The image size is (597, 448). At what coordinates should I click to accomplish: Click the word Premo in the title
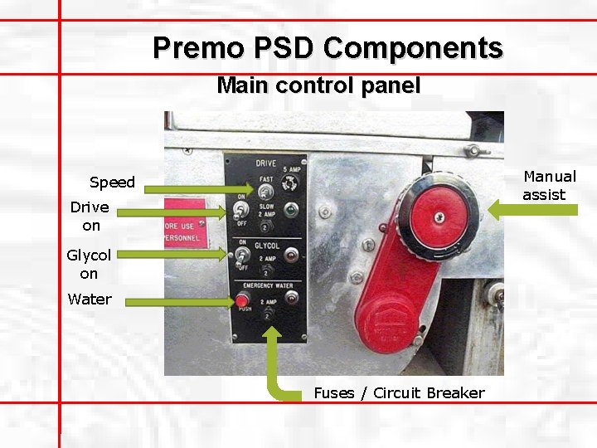tap(193, 47)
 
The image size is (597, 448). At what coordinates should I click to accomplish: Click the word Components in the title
tap(413, 47)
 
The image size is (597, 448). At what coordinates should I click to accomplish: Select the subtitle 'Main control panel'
tap(318, 85)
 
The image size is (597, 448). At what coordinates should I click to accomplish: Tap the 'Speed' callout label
tap(112, 183)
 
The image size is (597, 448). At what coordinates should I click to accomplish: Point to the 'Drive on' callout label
tap(90, 216)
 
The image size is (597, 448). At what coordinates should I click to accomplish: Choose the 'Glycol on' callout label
tap(89, 265)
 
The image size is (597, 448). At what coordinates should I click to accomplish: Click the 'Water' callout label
tap(90, 299)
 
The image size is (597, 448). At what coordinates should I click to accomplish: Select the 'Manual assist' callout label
tap(549, 185)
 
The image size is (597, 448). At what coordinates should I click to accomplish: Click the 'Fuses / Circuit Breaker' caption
tap(399, 392)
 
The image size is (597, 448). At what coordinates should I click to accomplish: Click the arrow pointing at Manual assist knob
tap(531, 210)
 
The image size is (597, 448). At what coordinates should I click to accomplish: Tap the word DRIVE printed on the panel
tap(265, 163)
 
